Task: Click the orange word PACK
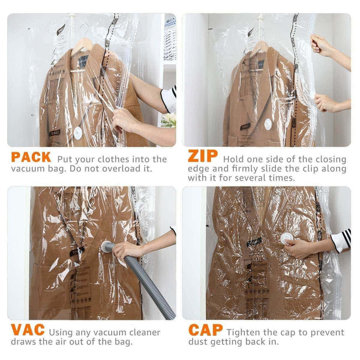point(30,159)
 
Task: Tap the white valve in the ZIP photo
point(268,124)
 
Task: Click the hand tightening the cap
point(299,247)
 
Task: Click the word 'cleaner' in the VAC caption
point(141,332)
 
